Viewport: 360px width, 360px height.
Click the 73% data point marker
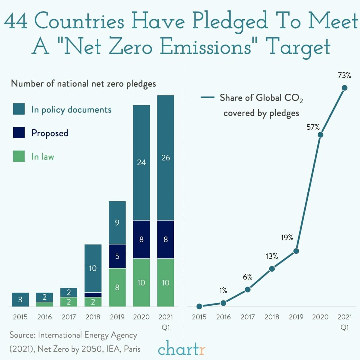click(344, 88)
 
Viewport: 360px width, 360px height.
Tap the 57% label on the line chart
click(313, 127)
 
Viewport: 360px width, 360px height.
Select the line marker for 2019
click(296, 251)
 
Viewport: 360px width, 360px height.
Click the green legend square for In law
click(19, 157)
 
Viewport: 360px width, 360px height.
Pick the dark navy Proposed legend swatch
click(19, 133)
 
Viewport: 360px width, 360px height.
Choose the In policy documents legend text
click(71, 110)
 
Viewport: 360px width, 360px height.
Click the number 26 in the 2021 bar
click(166, 157)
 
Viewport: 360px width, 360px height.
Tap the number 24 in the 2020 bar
click(141, 163)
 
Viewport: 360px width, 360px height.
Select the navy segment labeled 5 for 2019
click(117, 256)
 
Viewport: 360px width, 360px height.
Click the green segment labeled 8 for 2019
click(117, 287)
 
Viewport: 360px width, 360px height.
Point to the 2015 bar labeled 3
click(20, 300)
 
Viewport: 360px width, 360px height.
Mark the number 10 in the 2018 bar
click(93, 268)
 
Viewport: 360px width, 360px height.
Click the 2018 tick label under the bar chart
click(93, 317)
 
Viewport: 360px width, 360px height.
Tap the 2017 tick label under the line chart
click(248, 317)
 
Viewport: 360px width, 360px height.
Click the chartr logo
click(182, 349)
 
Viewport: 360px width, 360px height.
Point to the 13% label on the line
click(272, 256)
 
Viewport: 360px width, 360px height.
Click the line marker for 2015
click(199, 307)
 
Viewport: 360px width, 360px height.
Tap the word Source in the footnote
click(22, 335)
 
